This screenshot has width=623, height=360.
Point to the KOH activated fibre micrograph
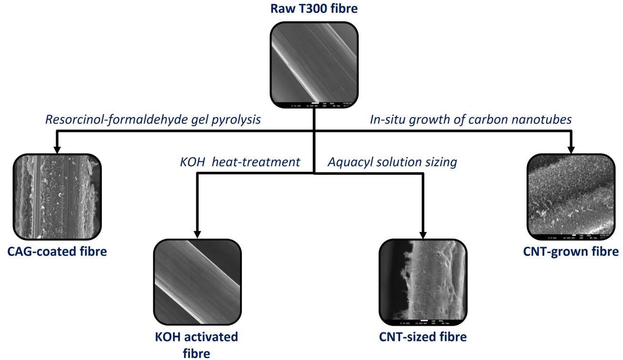197,281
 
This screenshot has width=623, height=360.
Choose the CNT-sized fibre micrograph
422,281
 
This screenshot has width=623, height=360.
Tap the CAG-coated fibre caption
57,250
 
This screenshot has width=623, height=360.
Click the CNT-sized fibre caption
422,337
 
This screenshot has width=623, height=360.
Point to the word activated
211,337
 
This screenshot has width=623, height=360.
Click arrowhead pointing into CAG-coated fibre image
57,150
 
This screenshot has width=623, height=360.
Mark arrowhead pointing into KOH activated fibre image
197,234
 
